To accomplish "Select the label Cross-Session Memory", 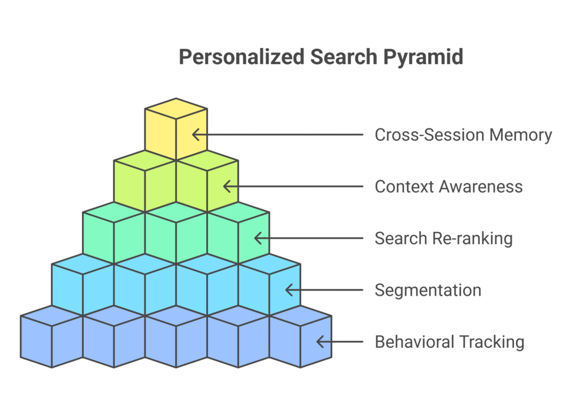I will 463,135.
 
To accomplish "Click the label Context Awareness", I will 449,186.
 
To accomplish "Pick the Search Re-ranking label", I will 443,238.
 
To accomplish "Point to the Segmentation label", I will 428,290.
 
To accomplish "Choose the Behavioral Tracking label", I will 449,342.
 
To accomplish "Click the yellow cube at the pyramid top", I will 176,129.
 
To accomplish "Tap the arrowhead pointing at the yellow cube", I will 195,135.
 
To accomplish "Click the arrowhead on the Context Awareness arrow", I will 226,186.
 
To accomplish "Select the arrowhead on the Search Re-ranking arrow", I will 258,238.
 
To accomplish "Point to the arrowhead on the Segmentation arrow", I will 289,290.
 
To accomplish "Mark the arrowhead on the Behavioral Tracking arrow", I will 320,342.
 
